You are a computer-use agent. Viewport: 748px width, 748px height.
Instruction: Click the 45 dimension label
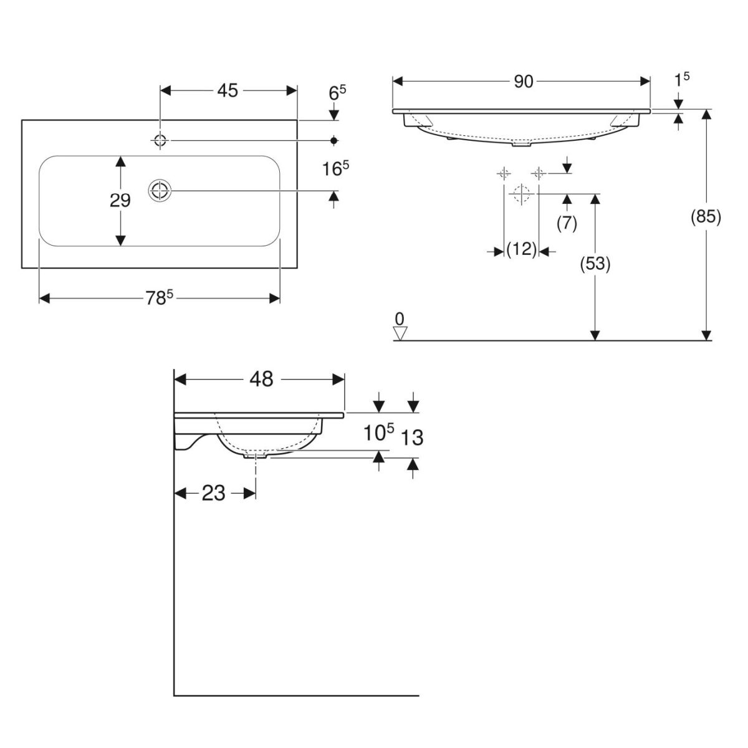228,91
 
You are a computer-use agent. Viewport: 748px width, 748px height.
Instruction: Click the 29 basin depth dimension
120,201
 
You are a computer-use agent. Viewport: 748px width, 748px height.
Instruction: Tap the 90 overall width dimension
524,82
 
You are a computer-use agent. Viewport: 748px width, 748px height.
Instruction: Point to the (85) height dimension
706,217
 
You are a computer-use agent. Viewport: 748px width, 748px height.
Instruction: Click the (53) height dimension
595,264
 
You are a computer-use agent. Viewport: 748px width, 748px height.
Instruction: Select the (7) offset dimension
567,223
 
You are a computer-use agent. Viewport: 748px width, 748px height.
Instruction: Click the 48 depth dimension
261,379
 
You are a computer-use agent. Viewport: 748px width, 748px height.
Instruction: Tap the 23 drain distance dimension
214,494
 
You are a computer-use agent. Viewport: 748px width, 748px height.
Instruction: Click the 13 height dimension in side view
412,438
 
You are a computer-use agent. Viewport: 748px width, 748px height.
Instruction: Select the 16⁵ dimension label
335,169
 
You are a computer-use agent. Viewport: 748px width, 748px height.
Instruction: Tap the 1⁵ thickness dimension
681,79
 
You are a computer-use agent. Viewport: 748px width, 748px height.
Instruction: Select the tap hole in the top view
160,140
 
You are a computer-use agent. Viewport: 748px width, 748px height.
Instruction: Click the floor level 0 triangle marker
400,333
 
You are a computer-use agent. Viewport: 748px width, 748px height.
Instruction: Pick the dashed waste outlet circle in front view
521,194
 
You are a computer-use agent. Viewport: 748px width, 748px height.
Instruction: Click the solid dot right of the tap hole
334,140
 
